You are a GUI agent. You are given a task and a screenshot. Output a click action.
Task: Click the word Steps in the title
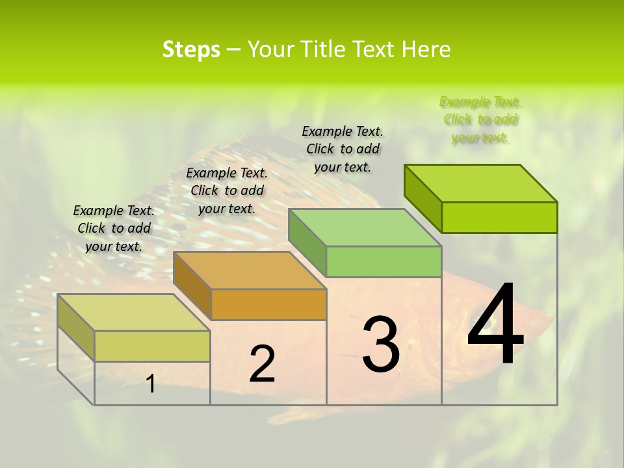191,49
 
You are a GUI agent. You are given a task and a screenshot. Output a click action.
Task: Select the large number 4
495,325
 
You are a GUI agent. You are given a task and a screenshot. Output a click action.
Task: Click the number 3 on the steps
381,344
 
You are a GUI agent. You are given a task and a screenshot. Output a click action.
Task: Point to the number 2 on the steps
263,364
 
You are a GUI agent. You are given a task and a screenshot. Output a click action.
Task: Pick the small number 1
151,384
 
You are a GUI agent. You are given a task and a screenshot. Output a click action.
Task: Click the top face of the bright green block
481,183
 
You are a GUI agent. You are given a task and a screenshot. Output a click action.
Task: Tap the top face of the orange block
250,270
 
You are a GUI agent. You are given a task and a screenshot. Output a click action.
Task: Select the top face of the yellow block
134,313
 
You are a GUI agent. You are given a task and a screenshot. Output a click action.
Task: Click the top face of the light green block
365,227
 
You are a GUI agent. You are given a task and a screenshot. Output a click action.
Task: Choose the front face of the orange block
268,304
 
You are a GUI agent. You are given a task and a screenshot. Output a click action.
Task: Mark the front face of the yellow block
152,346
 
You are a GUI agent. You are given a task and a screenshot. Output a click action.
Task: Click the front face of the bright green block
499,217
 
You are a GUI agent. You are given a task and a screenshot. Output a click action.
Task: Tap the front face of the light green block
383,261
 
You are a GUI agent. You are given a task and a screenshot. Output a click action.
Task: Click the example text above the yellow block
114,228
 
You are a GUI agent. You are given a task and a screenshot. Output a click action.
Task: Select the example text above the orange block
227,190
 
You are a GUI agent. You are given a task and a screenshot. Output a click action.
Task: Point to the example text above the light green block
343,149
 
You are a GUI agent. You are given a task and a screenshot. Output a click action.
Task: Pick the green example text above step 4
480,120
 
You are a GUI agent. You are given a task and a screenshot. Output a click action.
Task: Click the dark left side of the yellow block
76,327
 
